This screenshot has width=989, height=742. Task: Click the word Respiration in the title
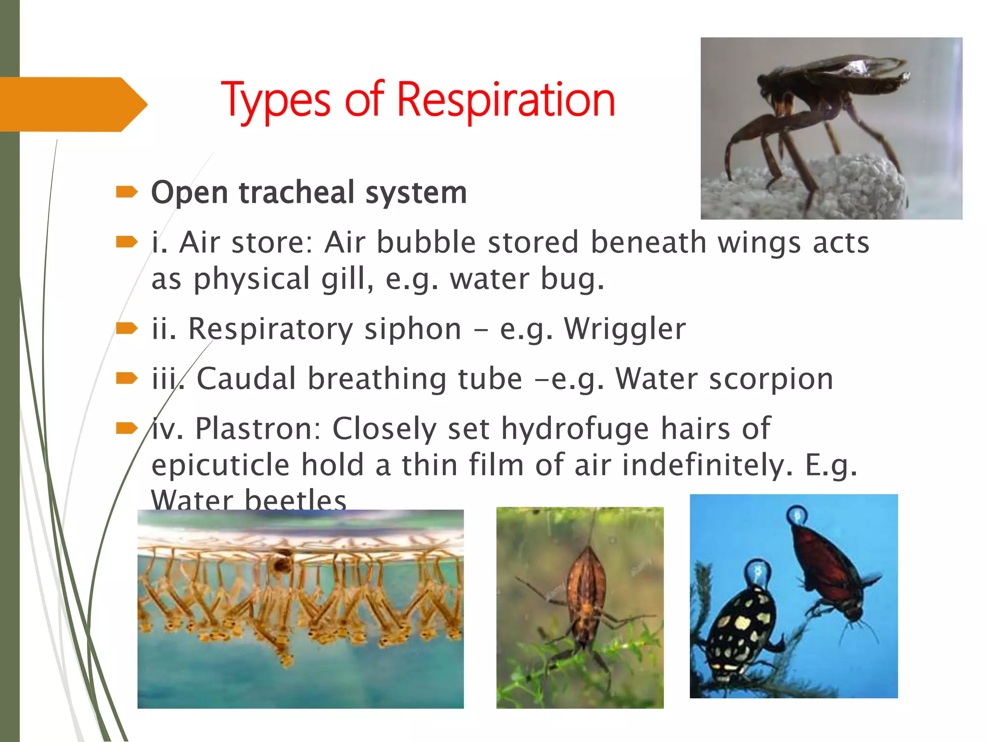[506, 100]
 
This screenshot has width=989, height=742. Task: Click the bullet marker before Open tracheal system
[127, 193]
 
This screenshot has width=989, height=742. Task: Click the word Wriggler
[625, 329]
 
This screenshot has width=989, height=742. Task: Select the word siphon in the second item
[413, 329]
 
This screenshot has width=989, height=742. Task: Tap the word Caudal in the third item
[246, 378]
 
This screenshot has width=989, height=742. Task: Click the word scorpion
[771, 378]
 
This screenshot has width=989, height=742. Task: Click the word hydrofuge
[575, 428]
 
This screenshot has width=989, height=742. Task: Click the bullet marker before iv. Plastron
[127, 428]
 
